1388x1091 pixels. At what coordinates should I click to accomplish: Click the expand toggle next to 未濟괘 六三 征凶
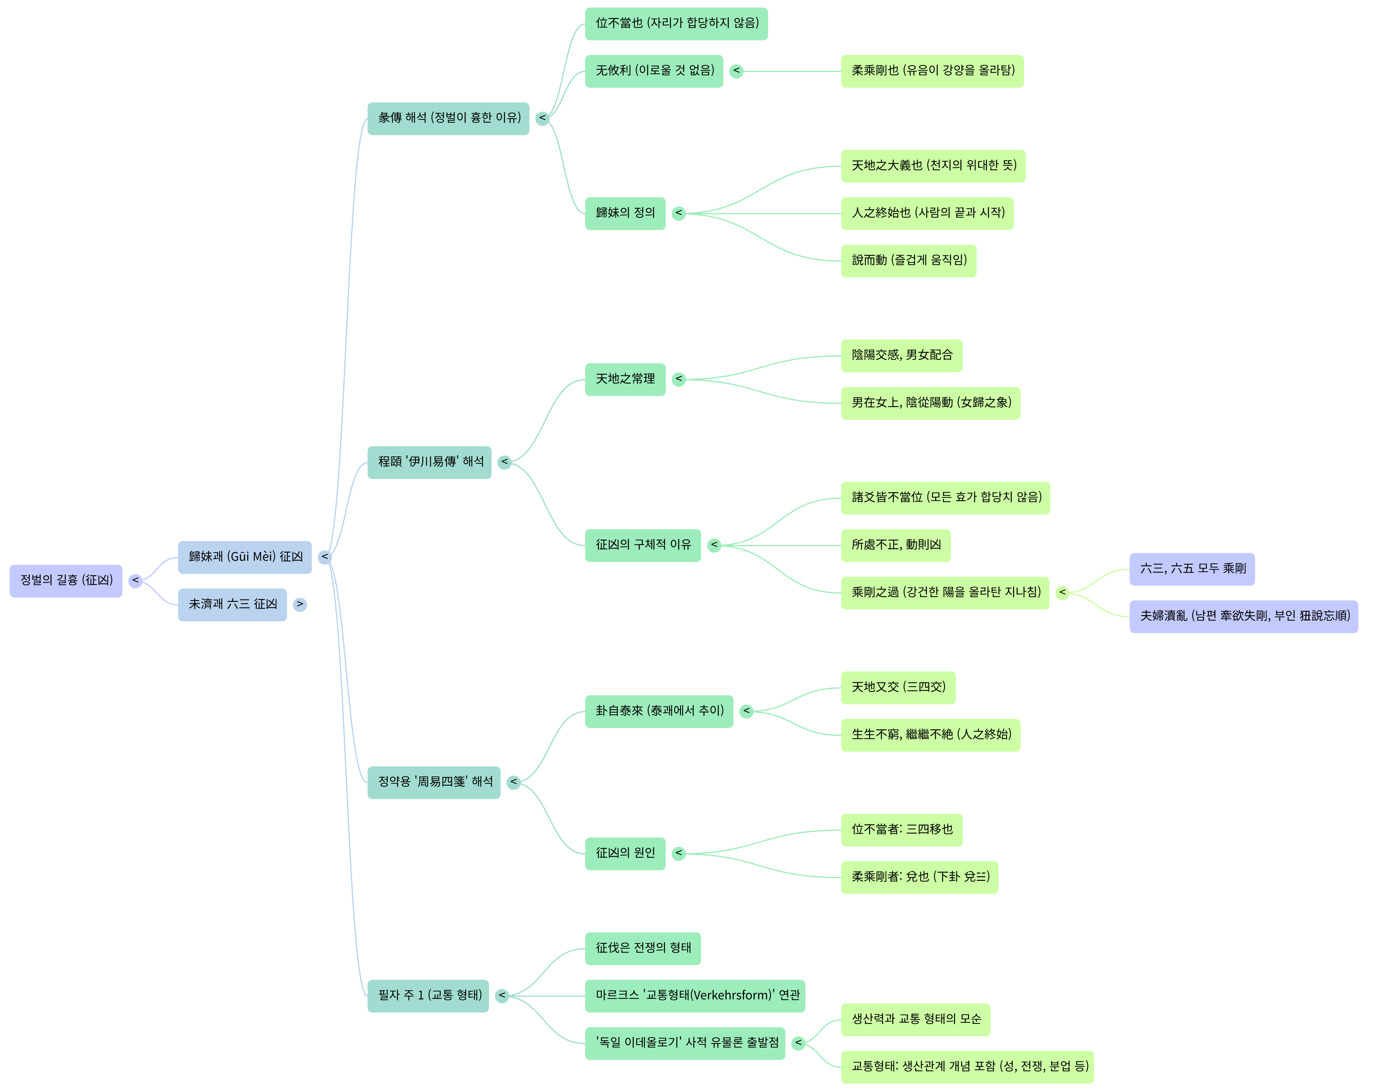[300, 604]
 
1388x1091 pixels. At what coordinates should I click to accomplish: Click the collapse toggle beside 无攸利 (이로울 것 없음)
[736, 71]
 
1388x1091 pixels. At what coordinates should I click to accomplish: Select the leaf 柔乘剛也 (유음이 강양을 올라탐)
[932, 71]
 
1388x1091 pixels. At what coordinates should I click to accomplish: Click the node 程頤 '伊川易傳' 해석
[429, 462]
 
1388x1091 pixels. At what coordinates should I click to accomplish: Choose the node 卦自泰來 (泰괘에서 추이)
[659, 711]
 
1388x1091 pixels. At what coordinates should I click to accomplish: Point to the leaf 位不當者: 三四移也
[901, 830]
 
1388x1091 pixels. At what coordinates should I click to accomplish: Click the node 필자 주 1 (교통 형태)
[428, 996]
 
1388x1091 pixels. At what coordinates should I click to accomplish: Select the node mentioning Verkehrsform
[695, 996]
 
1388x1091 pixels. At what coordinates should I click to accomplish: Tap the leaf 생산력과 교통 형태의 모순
[915, 1019]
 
